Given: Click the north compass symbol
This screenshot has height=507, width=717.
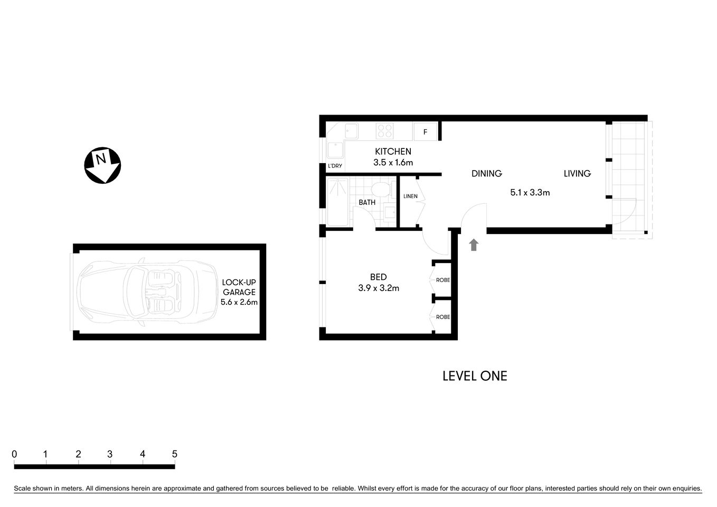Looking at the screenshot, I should [102, 165].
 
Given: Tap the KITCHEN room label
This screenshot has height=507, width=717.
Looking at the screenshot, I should [393, 152].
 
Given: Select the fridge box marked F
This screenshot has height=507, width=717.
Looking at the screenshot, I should [426, 132].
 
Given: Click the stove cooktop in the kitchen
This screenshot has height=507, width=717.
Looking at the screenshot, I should [384, 130].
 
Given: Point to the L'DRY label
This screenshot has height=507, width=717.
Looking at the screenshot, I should [335, 166].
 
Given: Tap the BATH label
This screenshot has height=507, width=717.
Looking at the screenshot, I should [367, 202].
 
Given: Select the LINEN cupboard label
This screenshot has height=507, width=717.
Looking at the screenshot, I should [410, 196].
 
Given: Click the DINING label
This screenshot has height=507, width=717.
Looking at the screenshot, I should [486, 173].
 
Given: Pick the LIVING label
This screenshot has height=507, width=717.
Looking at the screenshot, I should [577, 173].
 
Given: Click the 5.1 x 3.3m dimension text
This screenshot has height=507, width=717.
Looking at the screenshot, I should [530, 193].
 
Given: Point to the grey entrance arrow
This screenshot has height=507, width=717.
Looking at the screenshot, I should [474, 245].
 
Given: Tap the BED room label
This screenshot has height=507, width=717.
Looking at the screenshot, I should [378, 277].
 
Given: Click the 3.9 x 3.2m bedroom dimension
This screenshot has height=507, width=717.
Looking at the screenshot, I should [378, 288].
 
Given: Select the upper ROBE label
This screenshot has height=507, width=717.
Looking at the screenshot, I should [442, 280].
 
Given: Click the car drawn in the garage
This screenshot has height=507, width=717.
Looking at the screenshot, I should [147, 292].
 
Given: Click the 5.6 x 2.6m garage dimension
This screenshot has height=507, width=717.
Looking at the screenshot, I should [239, 303].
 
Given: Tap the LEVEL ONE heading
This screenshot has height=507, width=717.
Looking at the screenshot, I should [474, 376].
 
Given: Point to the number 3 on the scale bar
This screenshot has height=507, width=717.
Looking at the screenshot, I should [110, 454].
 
